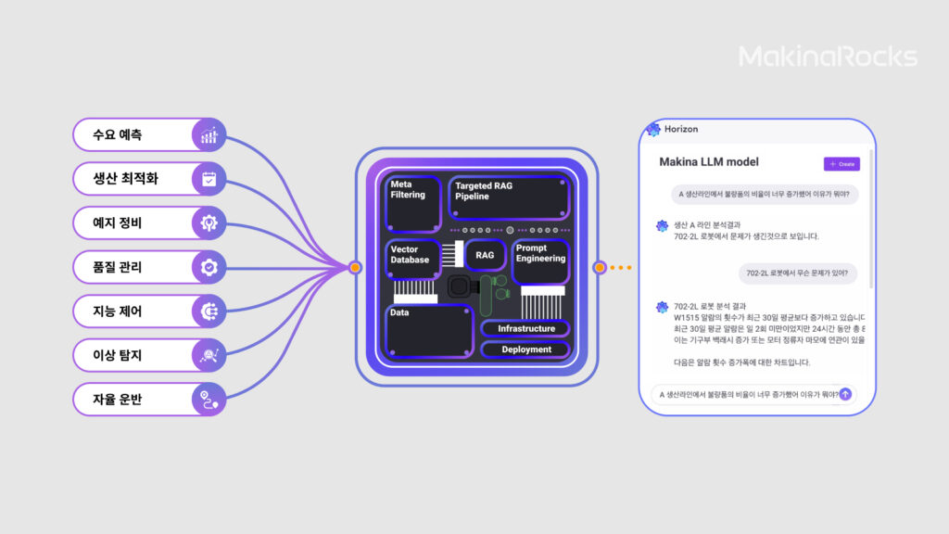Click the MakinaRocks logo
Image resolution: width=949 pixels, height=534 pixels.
pos(828,57)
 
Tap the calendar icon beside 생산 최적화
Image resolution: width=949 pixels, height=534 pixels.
pos(209,178)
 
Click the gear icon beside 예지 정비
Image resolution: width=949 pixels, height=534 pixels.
pos(209,222)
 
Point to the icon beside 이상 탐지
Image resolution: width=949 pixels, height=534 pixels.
pos(209,355)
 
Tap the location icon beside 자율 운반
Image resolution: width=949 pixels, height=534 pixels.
pos(209,400)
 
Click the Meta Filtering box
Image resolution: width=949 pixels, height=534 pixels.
pos(412,202)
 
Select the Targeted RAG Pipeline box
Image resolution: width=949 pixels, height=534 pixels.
pos(509,197)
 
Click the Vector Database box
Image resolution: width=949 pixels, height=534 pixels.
pos(412,258)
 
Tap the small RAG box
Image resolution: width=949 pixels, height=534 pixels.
pos(485,255)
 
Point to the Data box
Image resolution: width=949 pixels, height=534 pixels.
pos(429,332)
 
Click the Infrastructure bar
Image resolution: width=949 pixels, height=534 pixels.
pos(525,329)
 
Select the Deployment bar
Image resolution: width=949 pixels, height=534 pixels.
pos(525,350)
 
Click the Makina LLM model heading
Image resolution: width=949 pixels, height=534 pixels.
pos(708,162)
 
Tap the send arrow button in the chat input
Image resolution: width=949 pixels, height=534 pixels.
pos(845,394)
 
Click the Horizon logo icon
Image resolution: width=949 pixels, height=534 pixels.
pos(653,129)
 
